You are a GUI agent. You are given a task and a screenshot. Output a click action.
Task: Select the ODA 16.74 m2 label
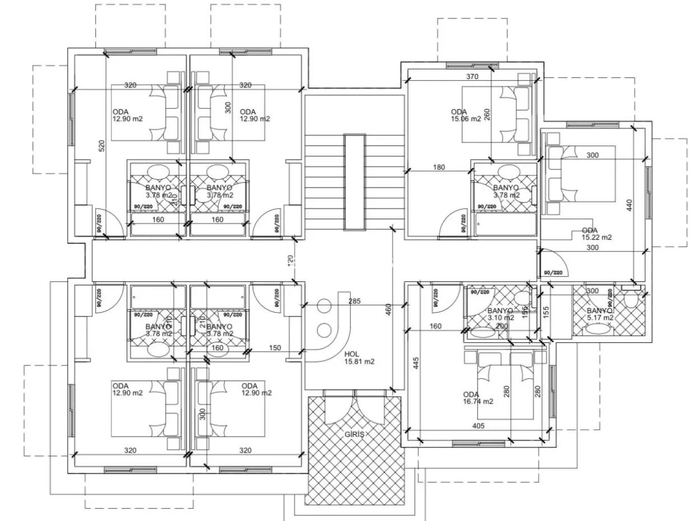[478, 398]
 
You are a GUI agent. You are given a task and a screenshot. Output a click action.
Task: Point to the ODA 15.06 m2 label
[465, 115]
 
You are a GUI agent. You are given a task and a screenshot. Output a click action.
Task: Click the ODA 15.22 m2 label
[596, 234]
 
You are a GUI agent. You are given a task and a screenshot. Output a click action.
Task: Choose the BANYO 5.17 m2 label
[600, 314]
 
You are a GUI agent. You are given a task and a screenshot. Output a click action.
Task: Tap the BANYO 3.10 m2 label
[500, 314]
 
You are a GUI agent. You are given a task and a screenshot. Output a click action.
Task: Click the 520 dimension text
[101, 146]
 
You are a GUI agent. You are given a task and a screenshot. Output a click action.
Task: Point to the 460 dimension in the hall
[388, 310]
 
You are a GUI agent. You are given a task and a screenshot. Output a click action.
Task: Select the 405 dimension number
[478, 426]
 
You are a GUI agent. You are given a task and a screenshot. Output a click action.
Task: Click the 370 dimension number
[472, 77]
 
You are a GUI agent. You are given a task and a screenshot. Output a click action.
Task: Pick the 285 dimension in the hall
[354, 301]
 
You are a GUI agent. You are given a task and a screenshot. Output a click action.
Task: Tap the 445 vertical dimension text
[416, 363]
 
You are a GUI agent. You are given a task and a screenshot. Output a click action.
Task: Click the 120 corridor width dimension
[291, 260]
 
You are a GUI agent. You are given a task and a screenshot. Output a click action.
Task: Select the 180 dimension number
[438, 167]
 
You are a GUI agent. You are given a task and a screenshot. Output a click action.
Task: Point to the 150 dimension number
[275, 348]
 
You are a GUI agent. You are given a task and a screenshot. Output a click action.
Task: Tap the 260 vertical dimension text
[487, 114]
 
